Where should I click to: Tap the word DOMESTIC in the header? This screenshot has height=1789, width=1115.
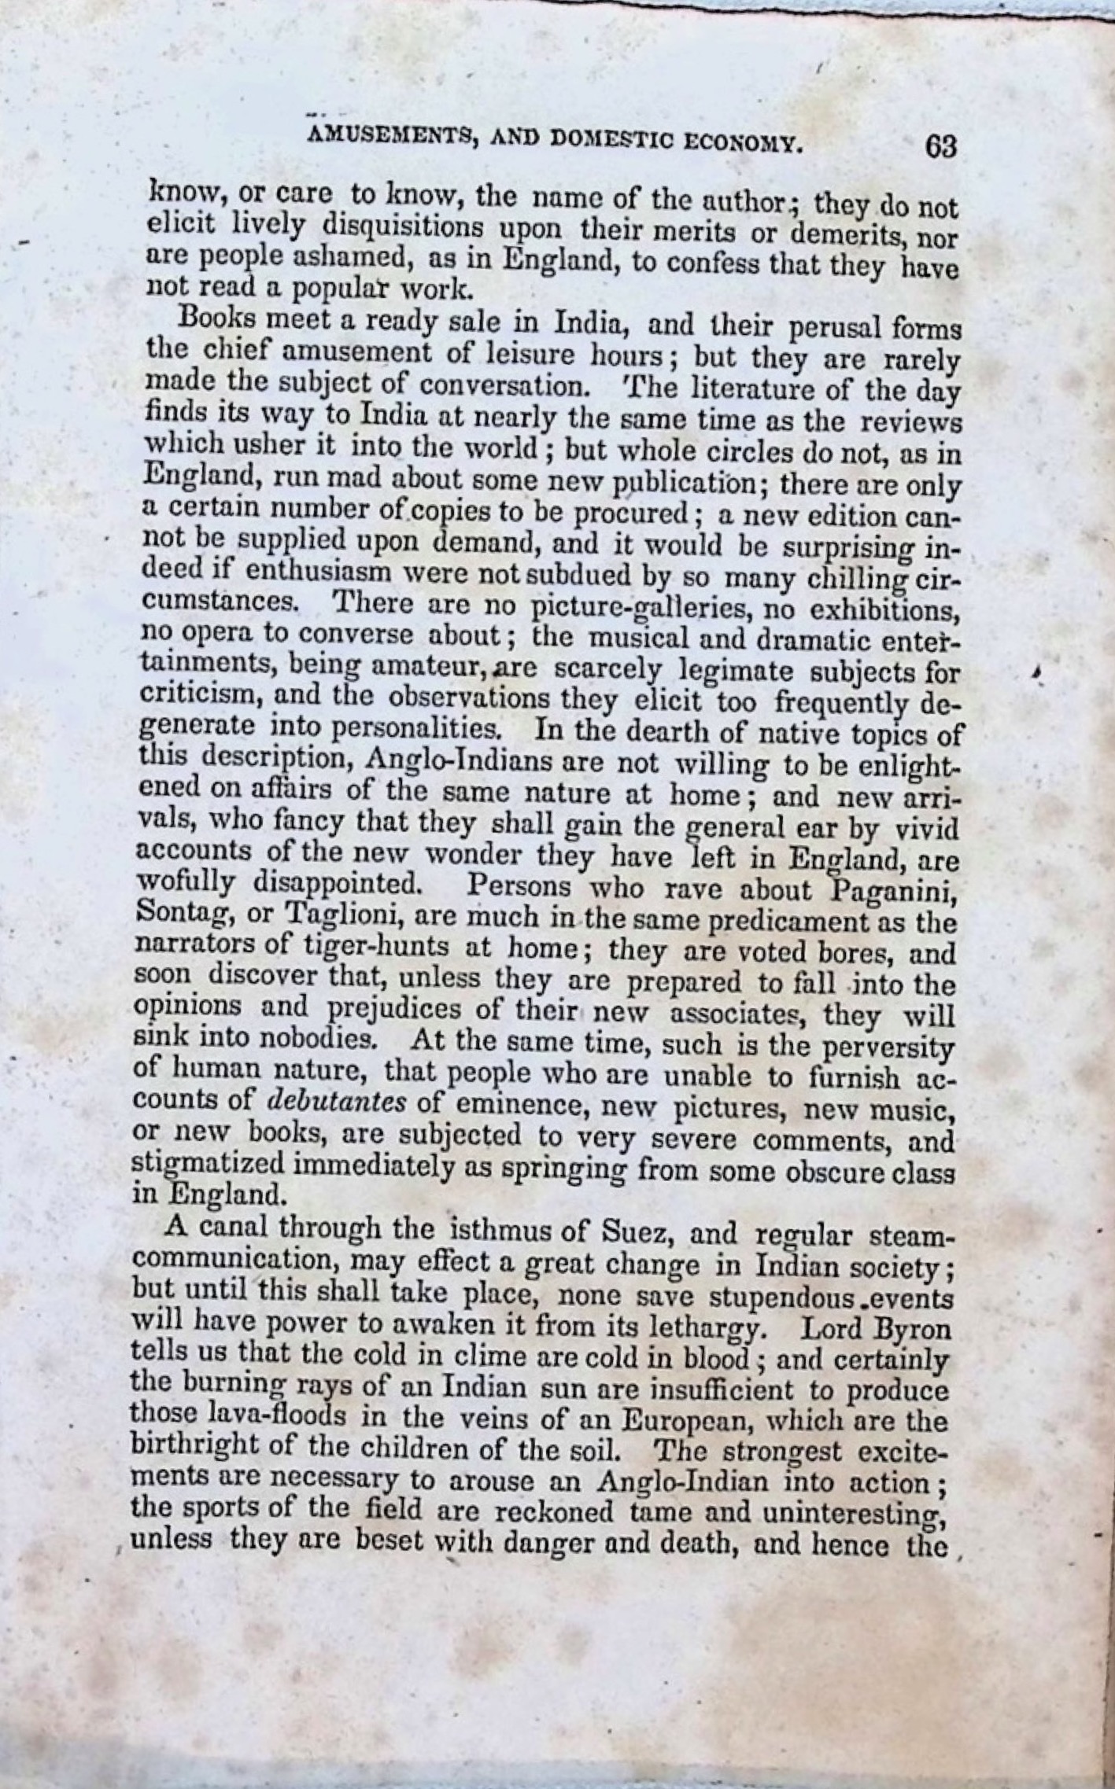[x=607, y=141]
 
